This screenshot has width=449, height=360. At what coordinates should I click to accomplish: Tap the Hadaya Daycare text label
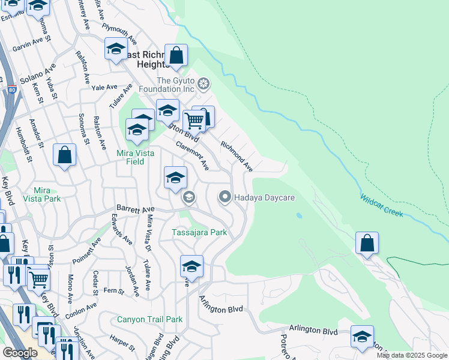pos(263,196)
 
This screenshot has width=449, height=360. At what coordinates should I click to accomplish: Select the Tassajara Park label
pos(199,232)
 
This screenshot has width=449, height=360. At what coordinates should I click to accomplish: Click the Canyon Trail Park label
pos(149,319)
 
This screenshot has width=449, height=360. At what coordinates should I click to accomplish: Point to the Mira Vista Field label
pos(135,157)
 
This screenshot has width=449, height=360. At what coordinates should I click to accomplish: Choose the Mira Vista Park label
pos(42,194)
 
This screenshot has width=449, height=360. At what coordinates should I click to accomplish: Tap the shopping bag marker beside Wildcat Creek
pos(367,243)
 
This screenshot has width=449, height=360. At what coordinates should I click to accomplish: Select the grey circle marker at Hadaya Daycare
pos(225,196)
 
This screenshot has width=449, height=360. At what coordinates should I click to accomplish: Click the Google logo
pos(20,353)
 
